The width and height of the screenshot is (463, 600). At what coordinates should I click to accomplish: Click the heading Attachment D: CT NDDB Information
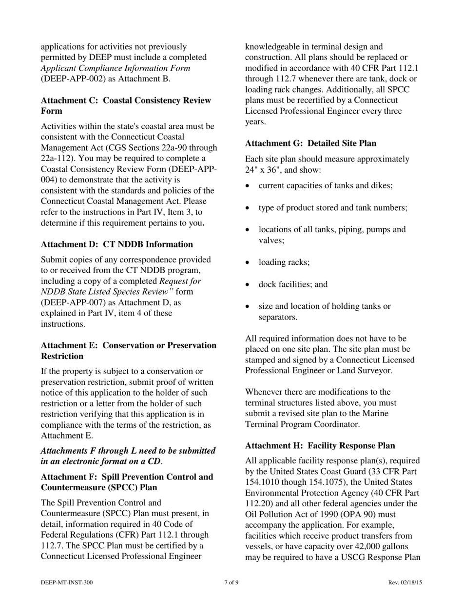(116, 244)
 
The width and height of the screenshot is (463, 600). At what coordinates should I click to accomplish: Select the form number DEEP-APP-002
(72, 79)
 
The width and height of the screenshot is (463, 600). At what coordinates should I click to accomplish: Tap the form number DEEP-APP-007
(72, 303)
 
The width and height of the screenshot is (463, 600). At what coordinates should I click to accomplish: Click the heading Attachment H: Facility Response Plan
(320, 446)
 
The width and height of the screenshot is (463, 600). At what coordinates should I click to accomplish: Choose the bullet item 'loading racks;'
(284, 262)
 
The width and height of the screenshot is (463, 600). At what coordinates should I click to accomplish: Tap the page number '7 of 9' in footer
(231, 582)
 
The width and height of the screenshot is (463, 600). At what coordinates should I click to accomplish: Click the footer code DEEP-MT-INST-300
(67, 582)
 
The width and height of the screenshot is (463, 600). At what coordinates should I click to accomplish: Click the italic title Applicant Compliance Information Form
(116, 68)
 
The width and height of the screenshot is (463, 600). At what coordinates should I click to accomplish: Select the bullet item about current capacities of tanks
(326, 186)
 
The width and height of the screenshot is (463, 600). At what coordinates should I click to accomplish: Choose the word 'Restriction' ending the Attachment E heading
(62, 356)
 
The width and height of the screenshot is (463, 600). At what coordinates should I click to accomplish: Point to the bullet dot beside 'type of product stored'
(249, 208)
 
